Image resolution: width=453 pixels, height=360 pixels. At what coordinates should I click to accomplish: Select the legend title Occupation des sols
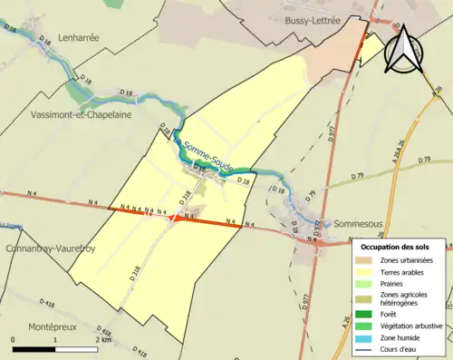(x=398, y=247)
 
